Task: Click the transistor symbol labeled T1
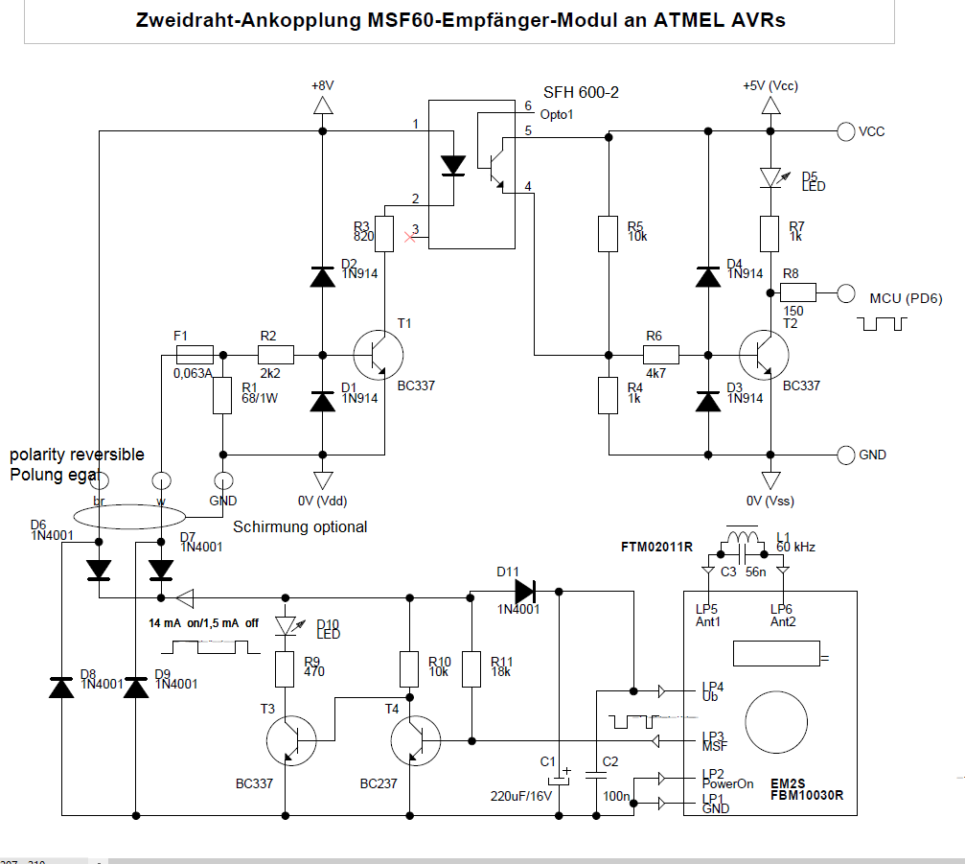pos(380,355)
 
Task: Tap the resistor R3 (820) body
pos(384,233)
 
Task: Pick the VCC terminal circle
pos(845,132)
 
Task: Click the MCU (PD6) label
pos(905,298)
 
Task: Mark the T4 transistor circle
pos(415,739)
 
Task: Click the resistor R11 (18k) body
pos(471,668)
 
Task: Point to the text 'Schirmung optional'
pos(300,526)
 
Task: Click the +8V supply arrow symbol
pos(322,105)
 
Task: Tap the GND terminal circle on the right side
pos(845,455)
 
